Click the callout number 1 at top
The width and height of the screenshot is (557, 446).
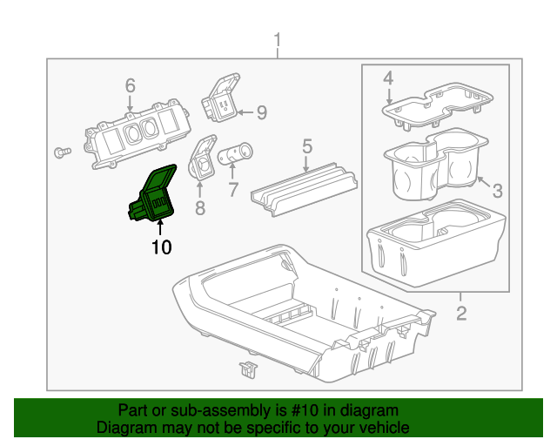pyautogui.click(x=278, y=40)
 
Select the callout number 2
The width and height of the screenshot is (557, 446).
pyautogui.click(x=460, y=313)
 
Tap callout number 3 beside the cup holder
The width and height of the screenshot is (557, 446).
pyautogui.click(x=498, y=191)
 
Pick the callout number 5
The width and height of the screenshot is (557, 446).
pyautogui.click(x=306, y=145)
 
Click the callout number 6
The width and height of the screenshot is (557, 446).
pyautogui.click(x=130, y=85)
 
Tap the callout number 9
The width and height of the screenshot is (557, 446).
pyautogui.click(x=260, y=111)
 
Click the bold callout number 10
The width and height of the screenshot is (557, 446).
pyautogui.click(x=161, y=247)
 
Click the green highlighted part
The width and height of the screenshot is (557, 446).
pyautogui.click(x=155, y=197)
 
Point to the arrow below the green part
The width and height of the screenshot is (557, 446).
pyautogui.click(x=159, y=228)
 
